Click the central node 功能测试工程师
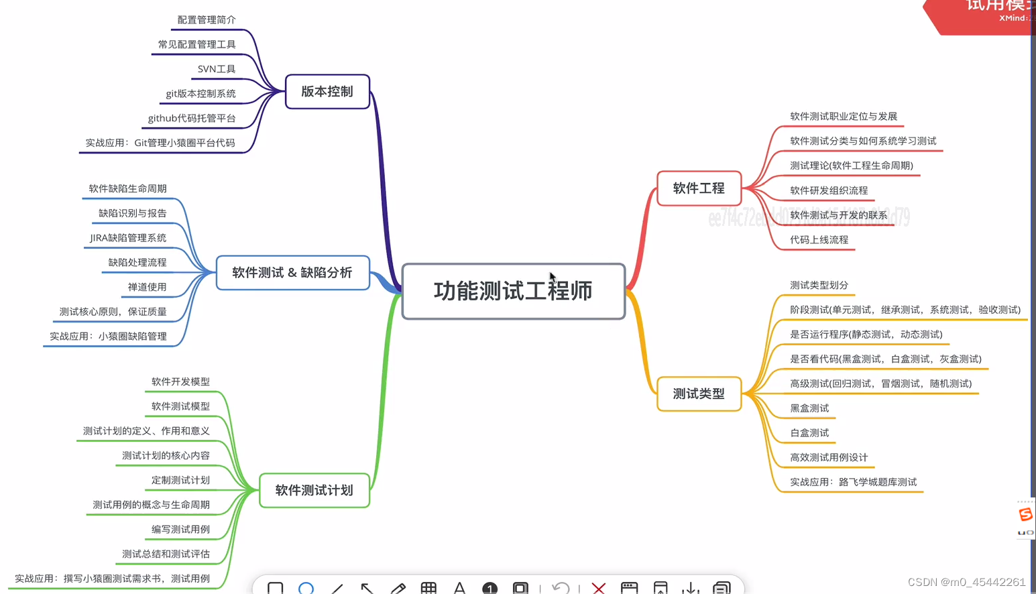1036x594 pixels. point(513,291)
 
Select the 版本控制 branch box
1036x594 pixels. point(327,92)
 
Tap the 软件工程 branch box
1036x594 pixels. point(699,188)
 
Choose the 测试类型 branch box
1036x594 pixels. point(699,394)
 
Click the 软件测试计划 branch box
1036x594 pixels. point(314,490)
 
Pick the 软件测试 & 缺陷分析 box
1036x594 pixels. point(292,273)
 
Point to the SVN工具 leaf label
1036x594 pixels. point(217,69)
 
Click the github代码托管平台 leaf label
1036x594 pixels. point(192,118)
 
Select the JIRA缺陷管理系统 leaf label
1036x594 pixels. point(128,238)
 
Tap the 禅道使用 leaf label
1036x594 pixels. point(147,287)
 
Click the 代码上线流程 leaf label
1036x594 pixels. point(819,239)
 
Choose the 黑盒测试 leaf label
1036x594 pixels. point(809,408)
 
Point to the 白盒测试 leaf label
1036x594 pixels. point(809,433)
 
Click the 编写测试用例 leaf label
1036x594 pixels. point(180,530)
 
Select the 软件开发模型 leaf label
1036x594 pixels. point(180,381)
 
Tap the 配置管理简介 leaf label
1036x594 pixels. point(207,20)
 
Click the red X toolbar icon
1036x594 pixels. point(599,588)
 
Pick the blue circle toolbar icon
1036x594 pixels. point(306,588)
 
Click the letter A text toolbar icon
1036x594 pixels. point(459,588)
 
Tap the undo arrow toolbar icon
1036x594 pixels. point(560,588)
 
